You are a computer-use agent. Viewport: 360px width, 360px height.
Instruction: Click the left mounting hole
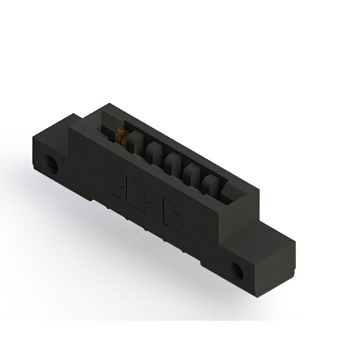(52, 165)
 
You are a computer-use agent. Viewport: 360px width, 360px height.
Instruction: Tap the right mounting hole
(238, 271)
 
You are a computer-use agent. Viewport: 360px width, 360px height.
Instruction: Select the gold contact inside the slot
(121, 136)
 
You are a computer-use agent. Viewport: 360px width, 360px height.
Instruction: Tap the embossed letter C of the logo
(170, 219)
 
